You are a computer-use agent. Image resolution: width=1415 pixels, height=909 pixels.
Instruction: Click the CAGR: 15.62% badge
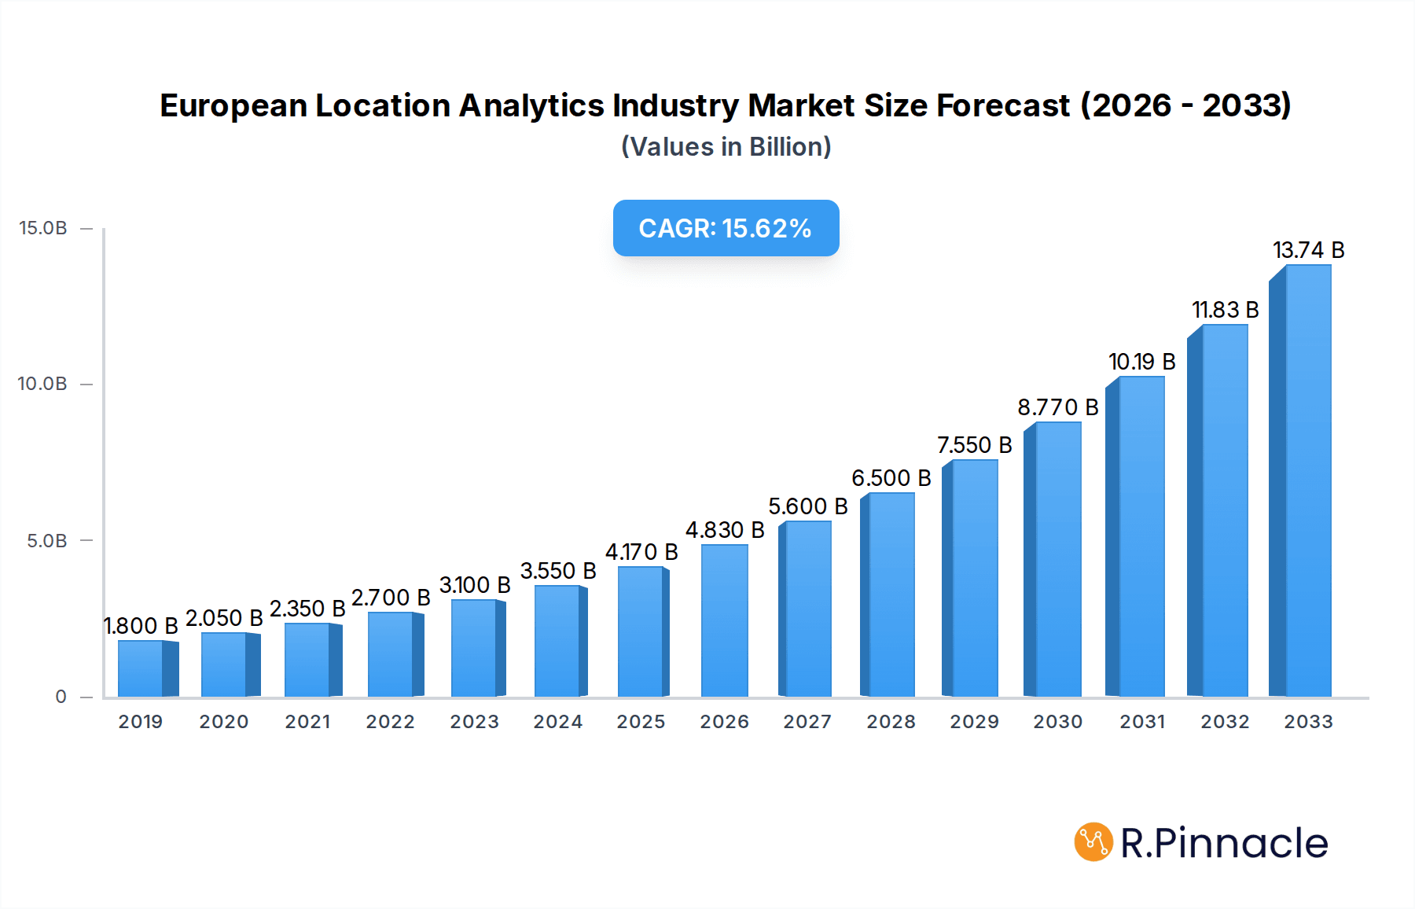point(726,228)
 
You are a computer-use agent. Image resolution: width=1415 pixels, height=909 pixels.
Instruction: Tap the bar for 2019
point(141,668)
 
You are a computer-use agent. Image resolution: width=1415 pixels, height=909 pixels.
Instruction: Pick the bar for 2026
point(724,621)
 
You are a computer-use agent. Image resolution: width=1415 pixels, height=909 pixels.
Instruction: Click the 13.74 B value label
point(1308,250)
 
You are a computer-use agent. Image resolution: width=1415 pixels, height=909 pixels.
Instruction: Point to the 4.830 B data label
point(724,530)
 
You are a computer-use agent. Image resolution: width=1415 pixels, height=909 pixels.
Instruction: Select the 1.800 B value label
point(141,626)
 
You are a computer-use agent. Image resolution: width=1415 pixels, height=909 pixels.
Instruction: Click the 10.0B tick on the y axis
point(43,384)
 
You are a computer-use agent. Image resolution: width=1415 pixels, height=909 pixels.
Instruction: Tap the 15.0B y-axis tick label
point(43,228)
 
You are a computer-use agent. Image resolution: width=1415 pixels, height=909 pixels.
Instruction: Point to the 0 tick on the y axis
point(61,697)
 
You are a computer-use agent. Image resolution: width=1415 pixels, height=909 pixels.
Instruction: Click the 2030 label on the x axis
point(1057,722)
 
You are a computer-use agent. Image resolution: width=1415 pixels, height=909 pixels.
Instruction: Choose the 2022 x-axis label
point(390,722)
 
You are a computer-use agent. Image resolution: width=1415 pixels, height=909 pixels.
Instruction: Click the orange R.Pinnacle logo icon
point(1093,842)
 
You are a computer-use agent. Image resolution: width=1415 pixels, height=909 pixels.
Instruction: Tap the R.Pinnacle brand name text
point(1223,843)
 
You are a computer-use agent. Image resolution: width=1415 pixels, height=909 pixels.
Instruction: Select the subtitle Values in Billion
point(726,147)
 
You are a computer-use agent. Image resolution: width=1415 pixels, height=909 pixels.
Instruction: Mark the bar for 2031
point(1141,536)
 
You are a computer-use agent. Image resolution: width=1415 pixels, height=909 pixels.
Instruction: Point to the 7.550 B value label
point(974,445)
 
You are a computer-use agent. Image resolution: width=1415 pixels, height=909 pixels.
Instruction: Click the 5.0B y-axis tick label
point(46,541)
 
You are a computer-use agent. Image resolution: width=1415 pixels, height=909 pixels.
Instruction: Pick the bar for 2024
point(557,641)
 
